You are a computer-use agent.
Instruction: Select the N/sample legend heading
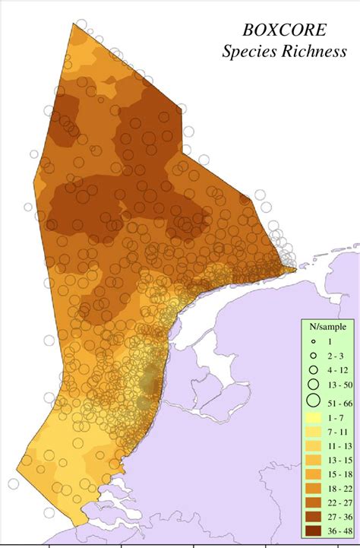coord(327,327)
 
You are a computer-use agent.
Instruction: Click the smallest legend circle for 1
coord(312,343)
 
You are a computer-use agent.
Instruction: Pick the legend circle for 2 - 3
coord(312,356)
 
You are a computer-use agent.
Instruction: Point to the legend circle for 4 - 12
coord(312,369)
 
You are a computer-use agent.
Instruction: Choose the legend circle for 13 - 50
coord(312,384)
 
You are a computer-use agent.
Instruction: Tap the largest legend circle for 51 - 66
coord(312,401)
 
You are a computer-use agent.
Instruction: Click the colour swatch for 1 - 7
coord(312,418)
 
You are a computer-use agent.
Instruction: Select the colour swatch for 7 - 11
coord(312,432)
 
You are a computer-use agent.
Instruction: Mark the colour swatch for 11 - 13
coord(312,445)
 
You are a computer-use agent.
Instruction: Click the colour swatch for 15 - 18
coord(312,474)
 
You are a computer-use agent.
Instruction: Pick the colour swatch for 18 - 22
coord(312,487)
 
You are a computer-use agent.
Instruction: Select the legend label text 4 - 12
coord(337,370)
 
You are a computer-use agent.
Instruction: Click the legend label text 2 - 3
coord(335,356)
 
